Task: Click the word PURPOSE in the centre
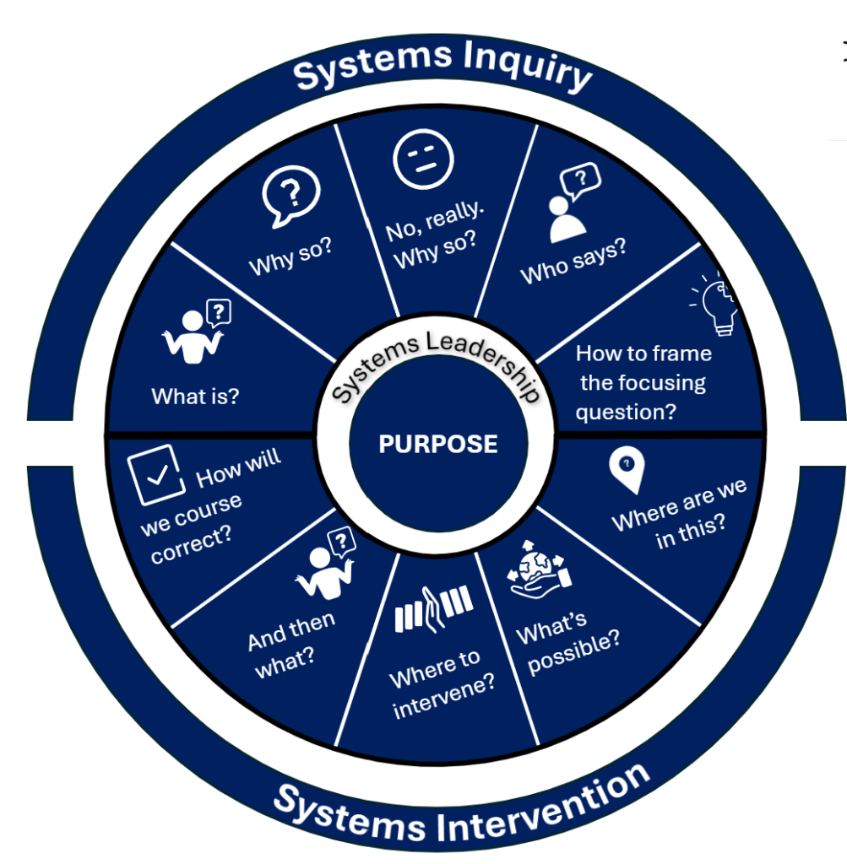point(437,444)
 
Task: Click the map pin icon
point(626,470)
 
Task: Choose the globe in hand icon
point(540,570)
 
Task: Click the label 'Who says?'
point(573,262)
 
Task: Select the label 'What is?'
point(195,395)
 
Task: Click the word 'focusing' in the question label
point(643,382)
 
